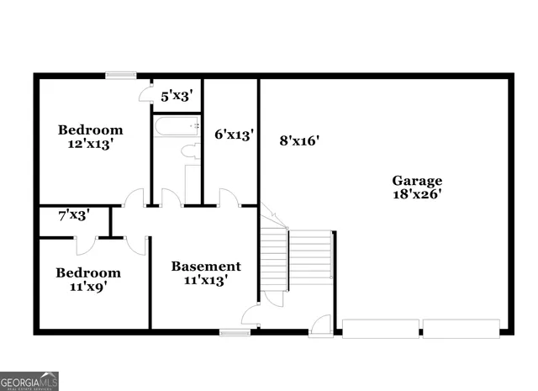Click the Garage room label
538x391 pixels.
(x=417, y=180)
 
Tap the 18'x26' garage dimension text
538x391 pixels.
(x=417, y=194)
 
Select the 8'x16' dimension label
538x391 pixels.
(x=299, y=141)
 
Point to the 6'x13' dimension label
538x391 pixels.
(x=234, y=135)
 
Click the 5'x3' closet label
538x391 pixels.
(x=177, y=96)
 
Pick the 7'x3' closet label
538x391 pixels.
(x=73, y=215)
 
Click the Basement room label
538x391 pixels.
(x=206, y=267)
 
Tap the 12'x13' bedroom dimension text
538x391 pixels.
(x=90, y=144)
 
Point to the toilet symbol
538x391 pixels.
(x=189, y=152)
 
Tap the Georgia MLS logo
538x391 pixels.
(x=29, y=381)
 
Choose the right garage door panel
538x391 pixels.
(x=462, y=326)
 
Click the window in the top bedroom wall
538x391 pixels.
(x=121, y=76)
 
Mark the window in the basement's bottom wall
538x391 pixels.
(x=235, y=332)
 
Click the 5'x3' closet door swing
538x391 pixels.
(x=145, y=94)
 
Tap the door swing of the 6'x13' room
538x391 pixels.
(x=228, y=197)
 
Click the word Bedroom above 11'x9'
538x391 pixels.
(x=88, y=272)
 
